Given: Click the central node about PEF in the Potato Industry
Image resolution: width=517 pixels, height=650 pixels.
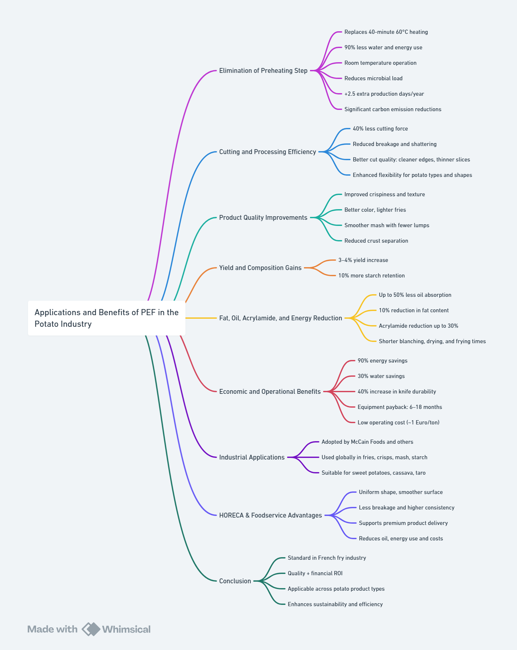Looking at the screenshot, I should [x=106, y=318].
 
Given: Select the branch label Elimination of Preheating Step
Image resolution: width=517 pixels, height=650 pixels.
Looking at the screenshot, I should [x=263, y=71].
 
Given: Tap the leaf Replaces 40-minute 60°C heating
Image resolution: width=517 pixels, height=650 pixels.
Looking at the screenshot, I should [x=386, y=32].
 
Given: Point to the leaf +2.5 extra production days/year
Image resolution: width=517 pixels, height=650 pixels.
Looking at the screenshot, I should [x=384, y=94].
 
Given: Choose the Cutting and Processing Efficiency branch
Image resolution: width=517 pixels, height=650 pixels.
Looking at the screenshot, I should [x=267, y=152].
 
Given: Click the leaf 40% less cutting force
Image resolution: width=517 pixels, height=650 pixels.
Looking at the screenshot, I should [x=380, y=129].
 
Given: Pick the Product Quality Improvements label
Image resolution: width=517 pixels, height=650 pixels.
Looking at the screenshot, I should [x=263, y=218].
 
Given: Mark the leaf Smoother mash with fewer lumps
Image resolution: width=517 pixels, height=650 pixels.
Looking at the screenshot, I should [x=387, y=225].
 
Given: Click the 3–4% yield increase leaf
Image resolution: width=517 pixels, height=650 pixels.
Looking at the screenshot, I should [x=363, y=260].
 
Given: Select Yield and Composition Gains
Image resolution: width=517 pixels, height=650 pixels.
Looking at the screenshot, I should [x=260, y=268].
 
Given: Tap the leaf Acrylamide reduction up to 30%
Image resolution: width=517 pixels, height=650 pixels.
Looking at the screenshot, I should [x=418, y=326].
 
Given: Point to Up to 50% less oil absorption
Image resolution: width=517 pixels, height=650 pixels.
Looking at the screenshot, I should [x=415, y=295].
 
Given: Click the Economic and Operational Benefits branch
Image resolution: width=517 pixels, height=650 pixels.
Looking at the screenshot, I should [x=270, y=392].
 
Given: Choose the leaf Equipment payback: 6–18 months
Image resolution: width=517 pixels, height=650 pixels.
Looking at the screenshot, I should [x=399, y=407].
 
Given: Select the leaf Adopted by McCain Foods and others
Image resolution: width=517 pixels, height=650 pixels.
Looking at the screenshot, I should [x=367, y=442].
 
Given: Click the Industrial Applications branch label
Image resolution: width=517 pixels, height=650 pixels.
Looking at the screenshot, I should [x=252, y=457].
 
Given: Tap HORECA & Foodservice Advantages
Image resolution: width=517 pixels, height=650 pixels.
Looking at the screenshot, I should [x=270, y=515].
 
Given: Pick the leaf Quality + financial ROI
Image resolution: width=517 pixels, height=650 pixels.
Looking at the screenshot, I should [x=315, y=573].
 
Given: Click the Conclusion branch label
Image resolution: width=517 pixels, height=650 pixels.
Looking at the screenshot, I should [x=235, y=581].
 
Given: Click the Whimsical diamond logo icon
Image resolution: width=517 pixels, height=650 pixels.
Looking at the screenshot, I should [x=91, y=629].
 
